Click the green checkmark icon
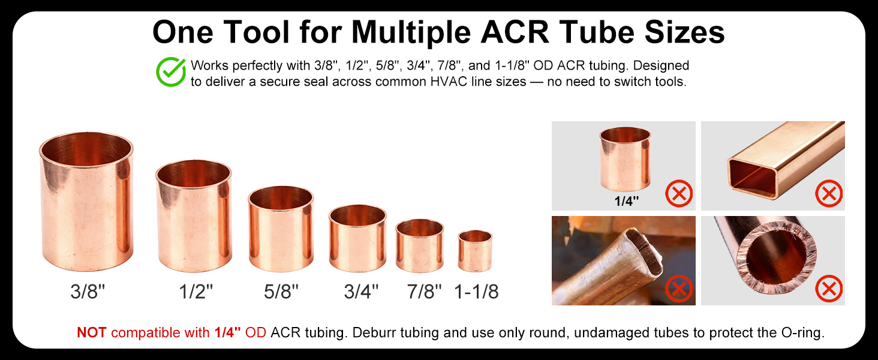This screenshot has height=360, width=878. [171, 72]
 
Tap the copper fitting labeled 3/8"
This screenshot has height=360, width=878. [86, 202]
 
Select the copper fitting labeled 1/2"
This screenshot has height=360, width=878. [194, 216]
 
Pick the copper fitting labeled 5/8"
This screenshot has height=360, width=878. [281, 229]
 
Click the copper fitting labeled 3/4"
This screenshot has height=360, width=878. [358, 238]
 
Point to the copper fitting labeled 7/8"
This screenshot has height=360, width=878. [420, 246]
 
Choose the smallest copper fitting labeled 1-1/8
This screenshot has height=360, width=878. [475, 251]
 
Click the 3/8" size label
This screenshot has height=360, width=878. [88, 292]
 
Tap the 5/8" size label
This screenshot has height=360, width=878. [281, 292]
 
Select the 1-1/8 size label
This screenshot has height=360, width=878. [476, 292]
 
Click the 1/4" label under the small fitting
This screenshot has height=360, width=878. [626, 201]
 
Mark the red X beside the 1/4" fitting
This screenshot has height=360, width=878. [679, 194]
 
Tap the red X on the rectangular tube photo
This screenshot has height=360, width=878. [829, 194]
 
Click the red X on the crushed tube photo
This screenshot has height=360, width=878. [679, 289]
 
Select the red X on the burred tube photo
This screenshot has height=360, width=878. [829, 289]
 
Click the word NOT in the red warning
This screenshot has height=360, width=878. [91, 332]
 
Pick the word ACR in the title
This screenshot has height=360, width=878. [515, 32]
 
